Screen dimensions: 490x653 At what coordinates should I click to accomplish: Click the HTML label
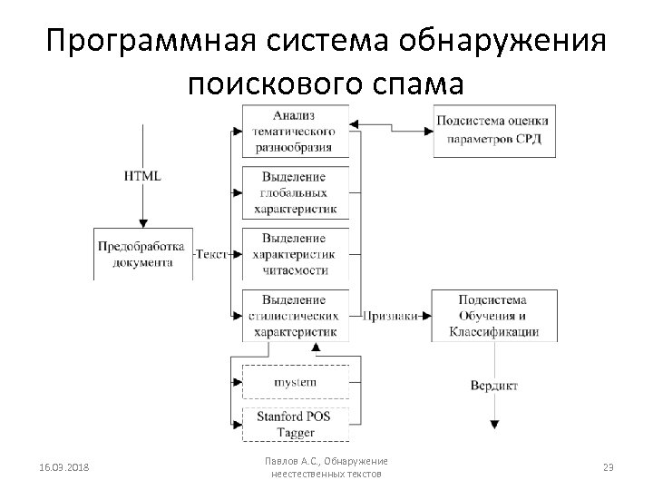pyautogui.click(x=142, y=175)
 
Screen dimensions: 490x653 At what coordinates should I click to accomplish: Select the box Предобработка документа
pyautogui.click(x=142, y=254)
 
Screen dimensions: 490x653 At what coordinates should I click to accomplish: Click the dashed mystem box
pyautogui.click(x=296, y=382)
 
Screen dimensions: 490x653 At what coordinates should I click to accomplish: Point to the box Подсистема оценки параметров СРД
pyautogui.click(x=494, y=131)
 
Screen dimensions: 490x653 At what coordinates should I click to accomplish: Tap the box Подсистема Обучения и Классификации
pyautogui.click(x=494, y=315)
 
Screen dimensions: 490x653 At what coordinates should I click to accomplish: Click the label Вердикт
pyautogui.click(x=494, y=386)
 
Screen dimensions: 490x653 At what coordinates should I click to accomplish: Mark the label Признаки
pyautogui.click(x=390, y=316)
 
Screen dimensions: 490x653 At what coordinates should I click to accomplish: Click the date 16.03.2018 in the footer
pyautogui.click(x=64, y=467)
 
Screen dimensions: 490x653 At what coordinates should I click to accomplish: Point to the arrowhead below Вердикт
pyautogui.click(x=494, y=424)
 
